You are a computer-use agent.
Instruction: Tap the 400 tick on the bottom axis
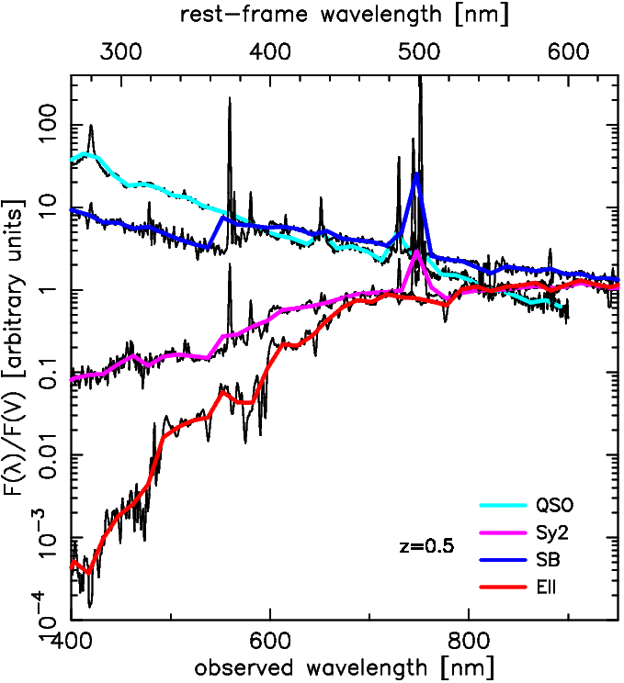pyautogui.click(x=72, y=639)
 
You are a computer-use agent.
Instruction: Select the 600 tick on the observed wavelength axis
pyautogui.click(x=270, y=639)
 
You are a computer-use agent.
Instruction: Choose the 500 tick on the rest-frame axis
pyautogui.click(x=419, y=52)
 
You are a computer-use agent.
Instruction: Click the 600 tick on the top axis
pyautogui.click(x=568, y=52)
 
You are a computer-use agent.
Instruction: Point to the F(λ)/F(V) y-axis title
pyautogui.click(x=17, y=352)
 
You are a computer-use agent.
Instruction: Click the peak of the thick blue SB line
pyautogui.click(x=416, y=174)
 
